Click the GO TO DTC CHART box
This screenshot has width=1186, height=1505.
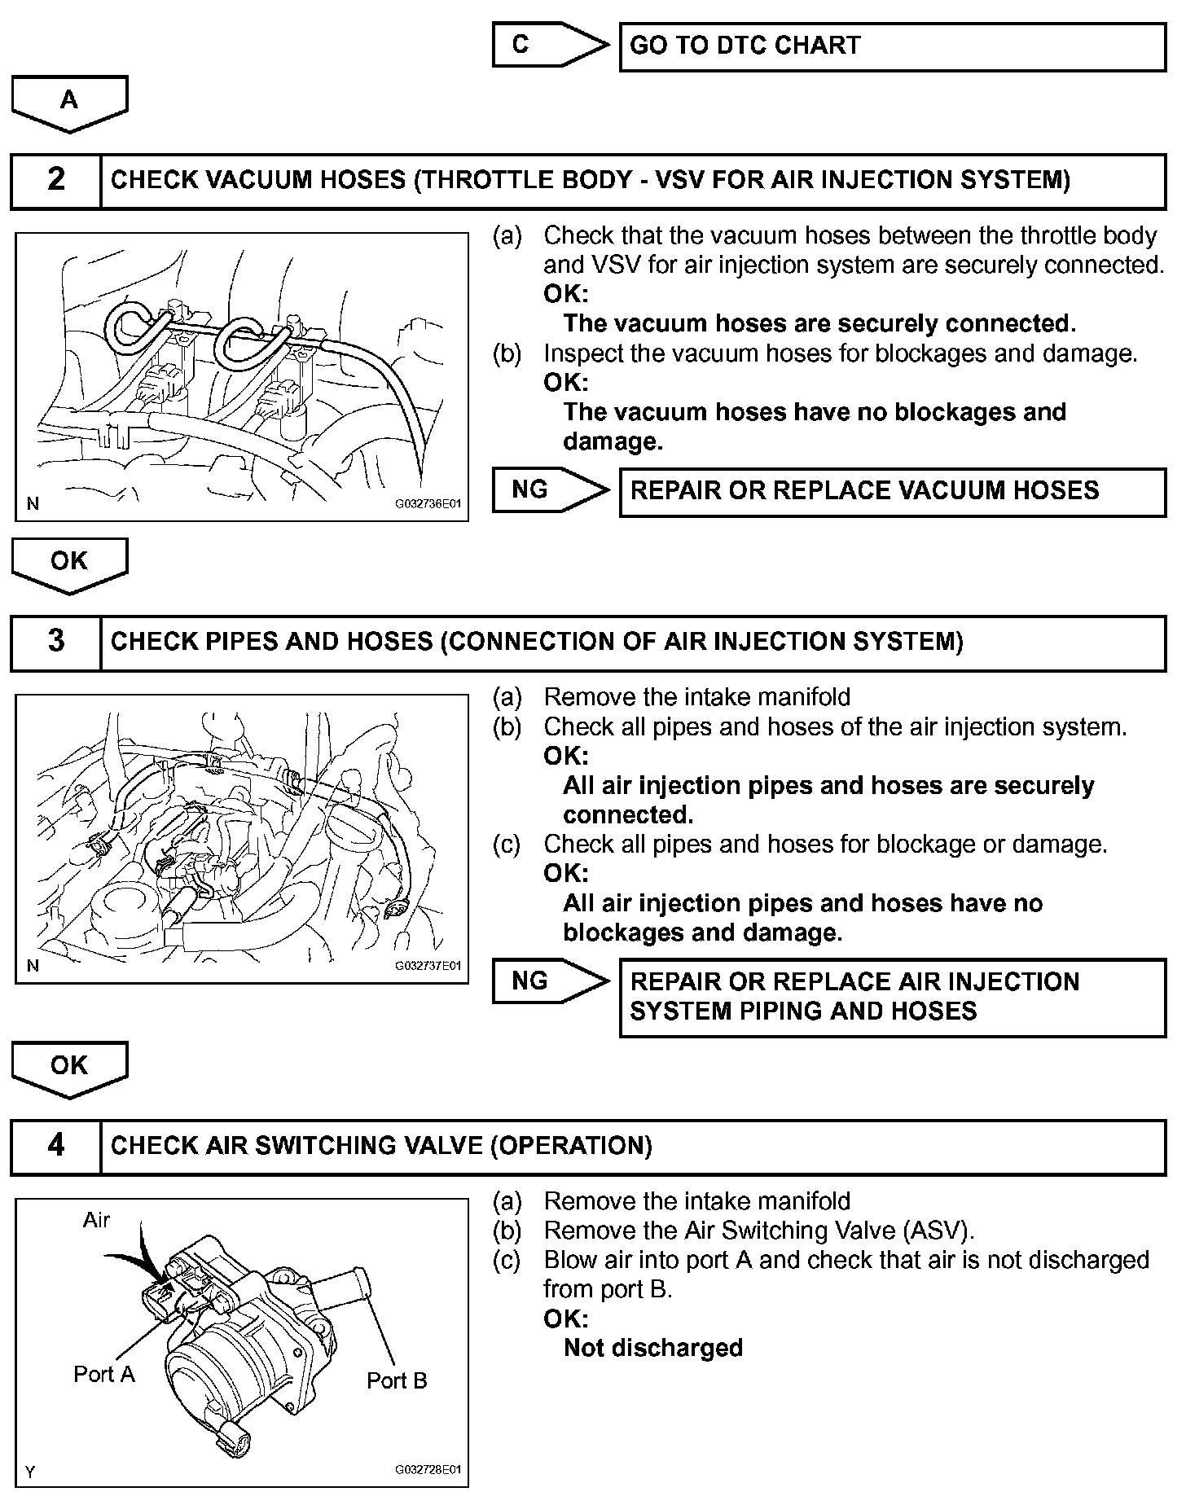[892, 46]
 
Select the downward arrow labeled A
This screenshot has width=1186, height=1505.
[69, 103]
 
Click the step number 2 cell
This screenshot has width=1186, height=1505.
[55, 180]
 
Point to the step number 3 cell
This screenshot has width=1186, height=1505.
[55, 642]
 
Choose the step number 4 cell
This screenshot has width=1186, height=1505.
[55, 1147]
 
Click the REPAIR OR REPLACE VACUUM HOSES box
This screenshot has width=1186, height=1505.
[892, 491]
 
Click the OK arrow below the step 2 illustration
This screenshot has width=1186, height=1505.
[69, 564]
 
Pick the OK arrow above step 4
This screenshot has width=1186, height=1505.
[69, 1068]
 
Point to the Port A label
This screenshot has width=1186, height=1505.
[104, 1375]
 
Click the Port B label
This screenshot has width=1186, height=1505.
[397, 1381]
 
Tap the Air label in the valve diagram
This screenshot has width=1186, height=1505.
[96, 1220]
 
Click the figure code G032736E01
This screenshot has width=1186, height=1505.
[428, 504]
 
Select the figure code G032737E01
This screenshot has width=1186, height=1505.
[428, 966]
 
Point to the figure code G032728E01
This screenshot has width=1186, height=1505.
[428, 1470]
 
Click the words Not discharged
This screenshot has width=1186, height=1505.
[652, 1348]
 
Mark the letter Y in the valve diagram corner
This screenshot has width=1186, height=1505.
[30, 1472]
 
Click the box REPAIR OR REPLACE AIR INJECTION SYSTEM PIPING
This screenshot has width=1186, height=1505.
[892, 997]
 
